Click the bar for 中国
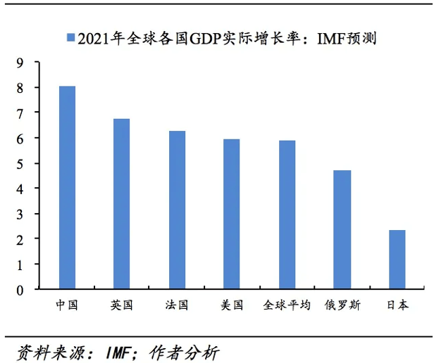click(67, 188)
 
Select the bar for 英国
click(122, 204)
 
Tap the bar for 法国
click(177, 210)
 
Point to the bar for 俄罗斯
click(342, 230)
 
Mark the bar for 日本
click(397, 260)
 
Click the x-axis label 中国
click(67, 306)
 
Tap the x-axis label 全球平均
click(287, 306)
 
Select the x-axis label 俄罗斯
click(342, 306)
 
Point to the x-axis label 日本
click(397, 306)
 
